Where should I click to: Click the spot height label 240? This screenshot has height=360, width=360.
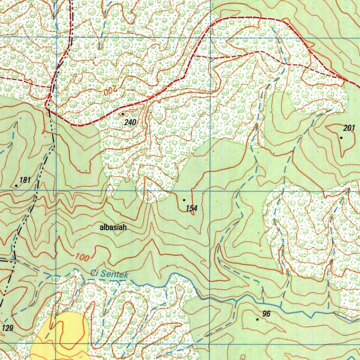pos(130,122)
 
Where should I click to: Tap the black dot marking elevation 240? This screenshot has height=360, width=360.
pos(122,114)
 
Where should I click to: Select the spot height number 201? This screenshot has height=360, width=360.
pos(349,128)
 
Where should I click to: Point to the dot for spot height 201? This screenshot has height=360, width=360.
pos(341,137)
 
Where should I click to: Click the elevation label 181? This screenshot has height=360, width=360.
pos(25,180)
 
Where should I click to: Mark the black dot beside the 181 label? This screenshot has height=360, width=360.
pos(16,186)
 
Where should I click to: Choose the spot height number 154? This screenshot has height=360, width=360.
pos(192,208)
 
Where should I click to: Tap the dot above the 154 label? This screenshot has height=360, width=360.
pos(184,200)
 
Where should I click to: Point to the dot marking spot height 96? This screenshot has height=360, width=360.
pos(257,319)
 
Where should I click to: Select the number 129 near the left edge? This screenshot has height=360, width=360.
pos(8,328)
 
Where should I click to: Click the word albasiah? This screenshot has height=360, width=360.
pos(113,227)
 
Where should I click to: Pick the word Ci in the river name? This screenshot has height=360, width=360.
pos(94,272)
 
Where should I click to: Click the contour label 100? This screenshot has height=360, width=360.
pos(82,257)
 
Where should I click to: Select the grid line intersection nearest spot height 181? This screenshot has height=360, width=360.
pos(56,191)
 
